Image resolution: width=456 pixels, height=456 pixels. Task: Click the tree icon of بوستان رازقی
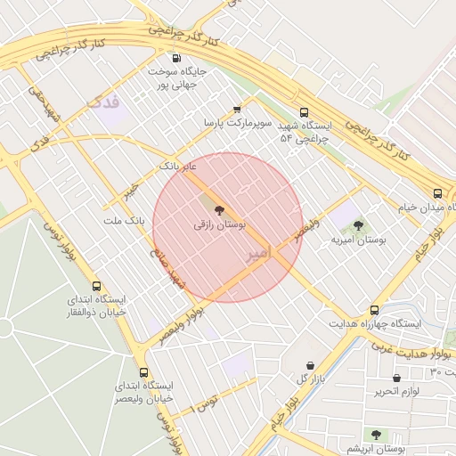click(220, 211)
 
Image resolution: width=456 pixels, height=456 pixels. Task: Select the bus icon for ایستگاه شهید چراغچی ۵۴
click(305, 113)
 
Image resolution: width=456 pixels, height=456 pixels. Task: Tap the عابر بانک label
click(177, 166)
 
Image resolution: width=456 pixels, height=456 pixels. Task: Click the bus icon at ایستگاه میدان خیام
click(437, 193)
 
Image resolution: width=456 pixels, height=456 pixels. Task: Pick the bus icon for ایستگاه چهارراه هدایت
click(374, 311)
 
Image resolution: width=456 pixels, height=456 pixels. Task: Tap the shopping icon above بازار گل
click(310, 365)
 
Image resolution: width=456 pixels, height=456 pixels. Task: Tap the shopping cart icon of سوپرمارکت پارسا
click(237, 109)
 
